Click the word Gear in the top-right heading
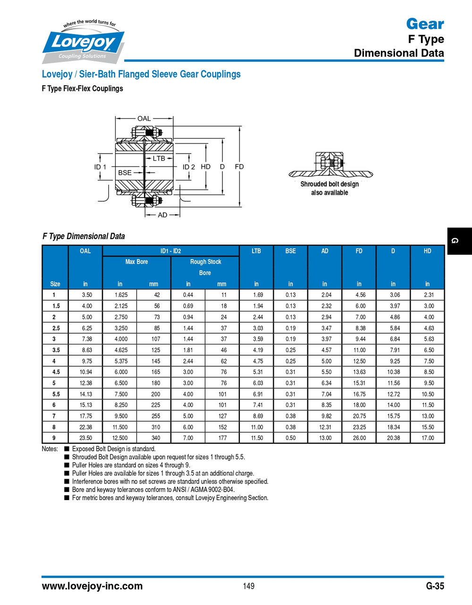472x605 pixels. tap(425, 24)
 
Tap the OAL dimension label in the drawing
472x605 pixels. tap(144, 119)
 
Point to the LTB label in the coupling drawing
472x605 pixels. tap(159, 158)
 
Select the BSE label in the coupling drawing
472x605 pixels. tap(125, 173)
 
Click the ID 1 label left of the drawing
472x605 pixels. tap(100, 167)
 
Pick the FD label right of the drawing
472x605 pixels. tap(239, 166)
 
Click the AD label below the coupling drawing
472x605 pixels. tap(162, 215)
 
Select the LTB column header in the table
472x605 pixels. tap(256, 251)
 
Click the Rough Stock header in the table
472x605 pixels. tap(205, 262)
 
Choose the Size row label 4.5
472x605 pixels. tap(56, 372)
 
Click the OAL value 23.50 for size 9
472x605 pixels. tap(86, 438)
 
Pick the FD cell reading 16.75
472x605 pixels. tap(359, 394)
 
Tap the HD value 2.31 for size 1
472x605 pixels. tap(428, 295)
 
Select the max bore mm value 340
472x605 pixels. tap(156, 438)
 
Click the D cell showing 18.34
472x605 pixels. tap(393, 427)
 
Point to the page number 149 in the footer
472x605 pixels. tap(249, 586)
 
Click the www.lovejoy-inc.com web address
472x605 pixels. tap(92, 586)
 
